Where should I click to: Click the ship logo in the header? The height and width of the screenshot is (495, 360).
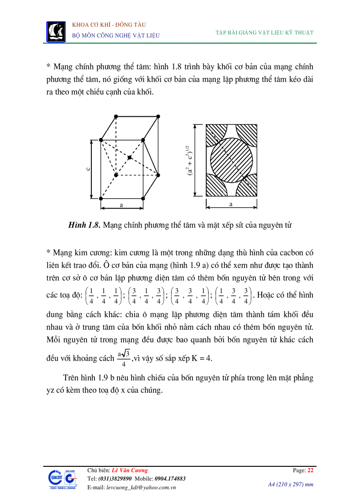pyautogui.click(x=56, y=31)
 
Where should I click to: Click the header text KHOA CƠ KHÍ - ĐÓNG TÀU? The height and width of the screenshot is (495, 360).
pyautogui.click(x=109, y=25)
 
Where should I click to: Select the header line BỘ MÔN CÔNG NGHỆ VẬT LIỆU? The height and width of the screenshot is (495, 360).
pyautogui.click(x=116, y=35)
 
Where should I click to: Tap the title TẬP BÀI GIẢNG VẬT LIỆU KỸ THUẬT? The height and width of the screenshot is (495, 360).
pyautogui.click(x=265, y=32)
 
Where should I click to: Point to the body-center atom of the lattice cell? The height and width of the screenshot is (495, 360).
pyautogui.click(x=129, y=157)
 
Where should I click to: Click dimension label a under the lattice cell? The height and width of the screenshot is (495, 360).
pyautogui.click(x=121, y=205)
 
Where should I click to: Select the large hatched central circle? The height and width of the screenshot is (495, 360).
pyautogui.click(x=232, y=159)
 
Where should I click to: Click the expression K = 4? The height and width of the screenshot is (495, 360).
pyautogui.click(x=201, y=358)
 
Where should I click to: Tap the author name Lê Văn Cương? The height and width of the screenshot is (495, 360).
pyautogui.click(x=130, y=470)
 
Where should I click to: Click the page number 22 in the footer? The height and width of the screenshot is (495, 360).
pyautogui.click(x=310, y=470)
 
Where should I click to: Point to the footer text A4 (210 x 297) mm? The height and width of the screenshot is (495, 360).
pyautogui.click(x=291, y=484)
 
